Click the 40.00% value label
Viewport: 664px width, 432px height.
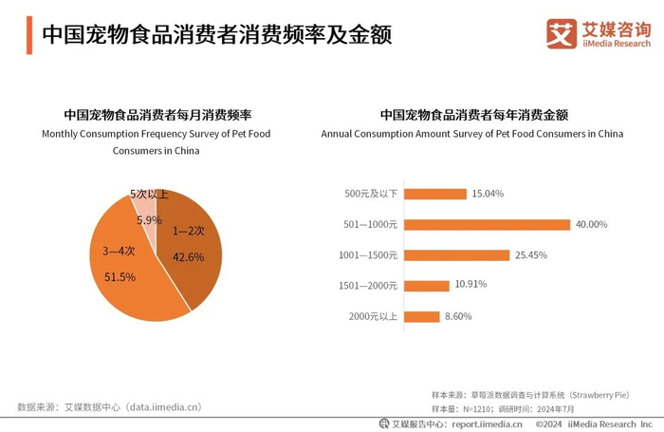pos(591,224)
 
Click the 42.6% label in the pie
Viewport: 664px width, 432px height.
pos(189,256)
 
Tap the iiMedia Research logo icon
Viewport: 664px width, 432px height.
pos(562,33)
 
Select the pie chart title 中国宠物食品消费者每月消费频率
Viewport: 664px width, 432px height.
pos(157,115)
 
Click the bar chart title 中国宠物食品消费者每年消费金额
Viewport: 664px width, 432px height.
pos(473,115)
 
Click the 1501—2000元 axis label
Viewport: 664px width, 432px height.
pos(367,285)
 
